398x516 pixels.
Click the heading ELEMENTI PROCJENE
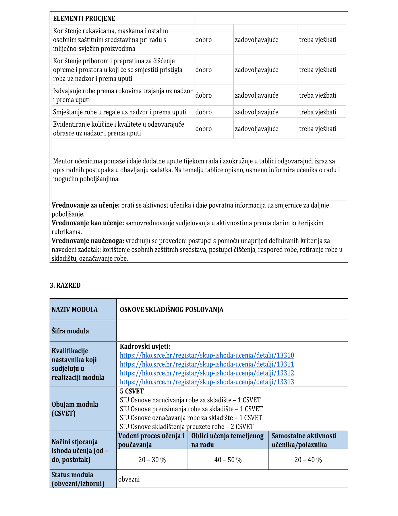(x=84, y=19)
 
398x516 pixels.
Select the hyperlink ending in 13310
(x=207, y=355)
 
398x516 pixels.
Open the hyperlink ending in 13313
(x=207, y=382)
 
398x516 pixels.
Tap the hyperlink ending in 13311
(x=207, y=364)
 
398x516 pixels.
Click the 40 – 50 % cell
(x=228, y=460)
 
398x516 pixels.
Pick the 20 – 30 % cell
(x=152, y=460)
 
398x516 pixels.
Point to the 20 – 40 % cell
(x=308, y=460)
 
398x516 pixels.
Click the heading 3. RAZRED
(x=65, y=285)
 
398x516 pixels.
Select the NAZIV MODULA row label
(x=75, y=310)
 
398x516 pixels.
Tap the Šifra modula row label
(x=70, y=331)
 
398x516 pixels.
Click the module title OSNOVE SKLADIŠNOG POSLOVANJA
(x=171, y=310)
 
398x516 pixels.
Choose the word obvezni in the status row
(x=129, y=479)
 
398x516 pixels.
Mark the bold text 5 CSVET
(x=132, y=391)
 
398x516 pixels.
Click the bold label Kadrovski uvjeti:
(x=145, y=347)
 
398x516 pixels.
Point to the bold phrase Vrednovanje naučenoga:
(x=88, y=241)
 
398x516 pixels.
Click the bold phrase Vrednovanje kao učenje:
(x=88, y=223)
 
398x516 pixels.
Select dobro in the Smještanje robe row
(x=203, y=112)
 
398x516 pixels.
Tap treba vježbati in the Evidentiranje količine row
(x=318, y=129)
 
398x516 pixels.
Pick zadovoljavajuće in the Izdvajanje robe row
(x=256, y=95)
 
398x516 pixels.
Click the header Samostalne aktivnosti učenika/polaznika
(x=304, y=440)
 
